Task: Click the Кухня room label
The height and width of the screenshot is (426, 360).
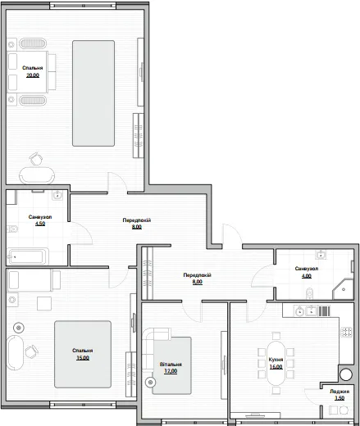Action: point(276,360)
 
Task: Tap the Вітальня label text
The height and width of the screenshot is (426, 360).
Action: point(171,365)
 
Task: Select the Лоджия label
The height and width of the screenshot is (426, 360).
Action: point(339,392)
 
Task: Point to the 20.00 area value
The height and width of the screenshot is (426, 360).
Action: point(33,75)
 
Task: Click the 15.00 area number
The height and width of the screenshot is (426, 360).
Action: point(83,358)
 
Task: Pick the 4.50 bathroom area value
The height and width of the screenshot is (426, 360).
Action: point(40,224)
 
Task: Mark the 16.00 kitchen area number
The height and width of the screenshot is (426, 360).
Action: point(276,367)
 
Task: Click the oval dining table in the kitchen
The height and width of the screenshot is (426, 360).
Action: point(276,363)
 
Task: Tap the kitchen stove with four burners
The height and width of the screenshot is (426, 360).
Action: point(346,332)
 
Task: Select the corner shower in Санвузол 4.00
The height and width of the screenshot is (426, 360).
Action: point(344,289)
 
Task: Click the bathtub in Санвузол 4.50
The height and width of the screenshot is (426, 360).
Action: point(28,256)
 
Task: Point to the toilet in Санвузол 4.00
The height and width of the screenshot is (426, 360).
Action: point(310,293)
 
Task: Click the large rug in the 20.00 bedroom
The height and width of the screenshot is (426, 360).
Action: point(93,93)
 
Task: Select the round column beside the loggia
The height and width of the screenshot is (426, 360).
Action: point(346,374)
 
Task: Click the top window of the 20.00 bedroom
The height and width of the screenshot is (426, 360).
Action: point(83,6)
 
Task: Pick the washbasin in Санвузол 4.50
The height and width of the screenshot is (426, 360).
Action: point(57,195)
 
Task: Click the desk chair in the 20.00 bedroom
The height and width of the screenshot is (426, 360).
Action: point(36,158)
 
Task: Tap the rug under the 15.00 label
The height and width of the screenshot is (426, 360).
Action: point(83,354)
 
